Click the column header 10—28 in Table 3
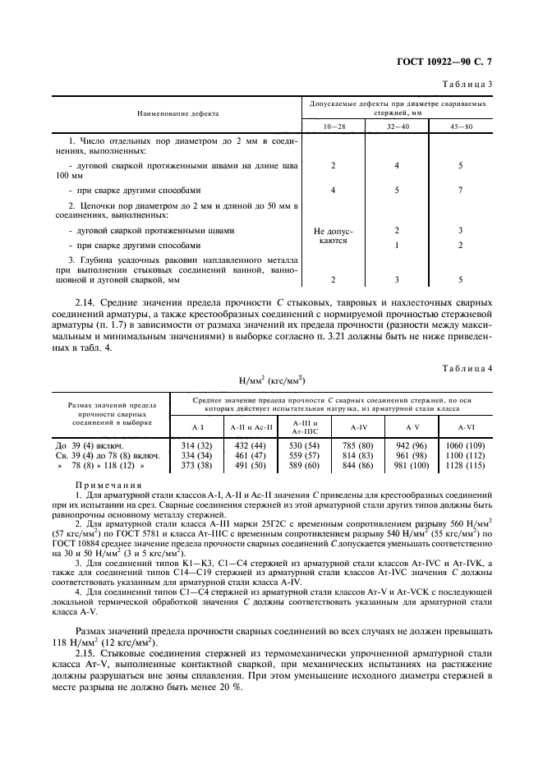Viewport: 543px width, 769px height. point(333,126)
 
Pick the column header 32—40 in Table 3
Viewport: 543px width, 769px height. point(397,126)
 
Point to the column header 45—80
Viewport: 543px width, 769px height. point(461,126)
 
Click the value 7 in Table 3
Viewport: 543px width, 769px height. point(461,190)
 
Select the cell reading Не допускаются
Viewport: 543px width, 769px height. point(333,237)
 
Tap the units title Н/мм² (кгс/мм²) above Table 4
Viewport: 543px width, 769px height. point(271,380)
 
